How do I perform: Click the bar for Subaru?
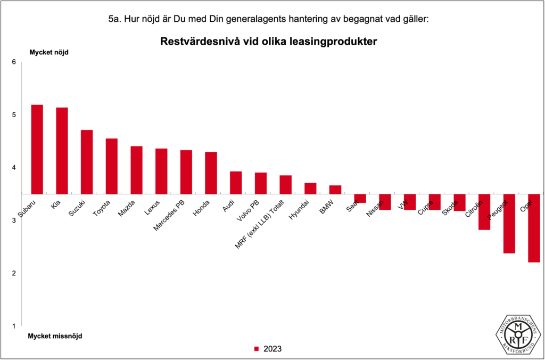coord(37,149)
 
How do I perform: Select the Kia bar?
coord(62,151)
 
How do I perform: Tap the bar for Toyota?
coord(111,166)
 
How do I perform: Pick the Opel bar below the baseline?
coord(534,228)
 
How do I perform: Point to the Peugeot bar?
coord(509,224)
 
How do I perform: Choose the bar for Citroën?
coord(484,212)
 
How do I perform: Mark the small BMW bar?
coord(335,190)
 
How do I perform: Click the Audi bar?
coord(236,183)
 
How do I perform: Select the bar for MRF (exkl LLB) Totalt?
coord(285,185)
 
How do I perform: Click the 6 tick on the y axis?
coord(14,62)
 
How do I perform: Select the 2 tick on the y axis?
coord(14,273)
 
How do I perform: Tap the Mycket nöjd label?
coord(49,52)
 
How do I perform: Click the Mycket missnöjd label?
coord(55,336)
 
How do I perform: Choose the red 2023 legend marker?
coord(256,349)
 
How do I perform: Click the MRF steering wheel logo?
coord(519,333)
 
